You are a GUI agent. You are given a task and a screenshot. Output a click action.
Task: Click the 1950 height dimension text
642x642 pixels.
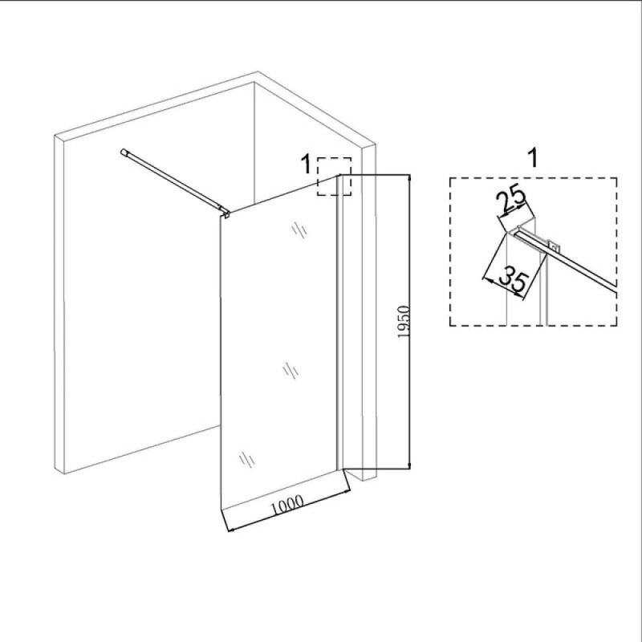click(x=404, y=322)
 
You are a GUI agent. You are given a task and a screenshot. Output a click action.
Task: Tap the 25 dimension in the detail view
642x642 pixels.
click(x=510, y=199)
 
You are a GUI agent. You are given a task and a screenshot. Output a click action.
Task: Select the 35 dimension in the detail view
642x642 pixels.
click(x=514, y=279)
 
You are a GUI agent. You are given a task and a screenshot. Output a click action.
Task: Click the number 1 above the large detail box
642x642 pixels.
click(x=533, y=158)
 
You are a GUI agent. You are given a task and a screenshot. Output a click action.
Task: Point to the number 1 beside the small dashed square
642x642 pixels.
click(x=306, y=165)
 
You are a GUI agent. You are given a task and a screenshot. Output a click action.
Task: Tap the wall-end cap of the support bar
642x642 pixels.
click(x=124, y=152)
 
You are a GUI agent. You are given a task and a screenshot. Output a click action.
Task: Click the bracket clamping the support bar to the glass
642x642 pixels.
click(x=225, y=212)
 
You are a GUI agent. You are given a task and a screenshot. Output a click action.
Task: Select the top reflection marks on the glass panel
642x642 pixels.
click(x=299, y=230)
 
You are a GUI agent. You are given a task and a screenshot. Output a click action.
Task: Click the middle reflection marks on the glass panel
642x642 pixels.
click(x=291, y=371)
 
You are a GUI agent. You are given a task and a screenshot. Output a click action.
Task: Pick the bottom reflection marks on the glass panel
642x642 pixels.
click(x=247, y=459)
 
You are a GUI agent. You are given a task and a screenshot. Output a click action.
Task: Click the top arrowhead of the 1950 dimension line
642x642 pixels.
click(x=409, y=177)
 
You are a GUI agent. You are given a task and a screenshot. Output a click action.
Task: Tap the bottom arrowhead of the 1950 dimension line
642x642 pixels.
click(x=409, y=465)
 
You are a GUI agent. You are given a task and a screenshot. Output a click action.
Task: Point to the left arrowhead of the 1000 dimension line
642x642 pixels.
click(x=231, y=530)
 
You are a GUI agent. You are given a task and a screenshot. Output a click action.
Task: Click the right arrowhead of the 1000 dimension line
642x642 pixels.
click(x=347, y=492)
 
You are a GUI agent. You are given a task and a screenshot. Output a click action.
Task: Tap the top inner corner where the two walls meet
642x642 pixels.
click(x=254, y=83)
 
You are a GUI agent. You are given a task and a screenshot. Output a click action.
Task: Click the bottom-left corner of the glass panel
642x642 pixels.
click(x=221, y=510)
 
